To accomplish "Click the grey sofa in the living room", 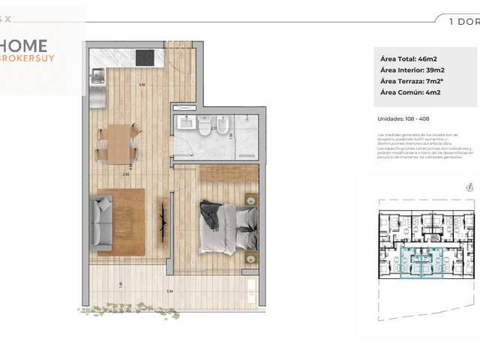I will (100, 221).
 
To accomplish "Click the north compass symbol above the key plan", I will (468, 187).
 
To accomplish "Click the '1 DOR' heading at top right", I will (463, 22).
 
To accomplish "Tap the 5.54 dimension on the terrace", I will (169, 290).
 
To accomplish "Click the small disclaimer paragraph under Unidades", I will (416, 146).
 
